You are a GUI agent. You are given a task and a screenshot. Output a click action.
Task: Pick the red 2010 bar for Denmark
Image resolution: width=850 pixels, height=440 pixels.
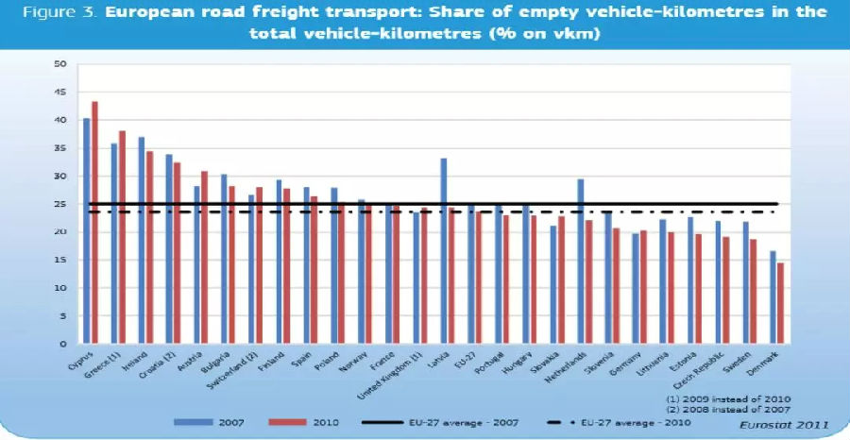pyautogui.click(x=780, y=303)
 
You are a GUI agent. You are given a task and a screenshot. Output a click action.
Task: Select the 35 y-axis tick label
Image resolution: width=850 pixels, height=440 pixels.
pyautogui.click(x=59, y=148)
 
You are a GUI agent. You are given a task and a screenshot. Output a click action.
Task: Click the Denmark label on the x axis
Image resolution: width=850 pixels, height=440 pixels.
pyautogui.click(x=768, y=363)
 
